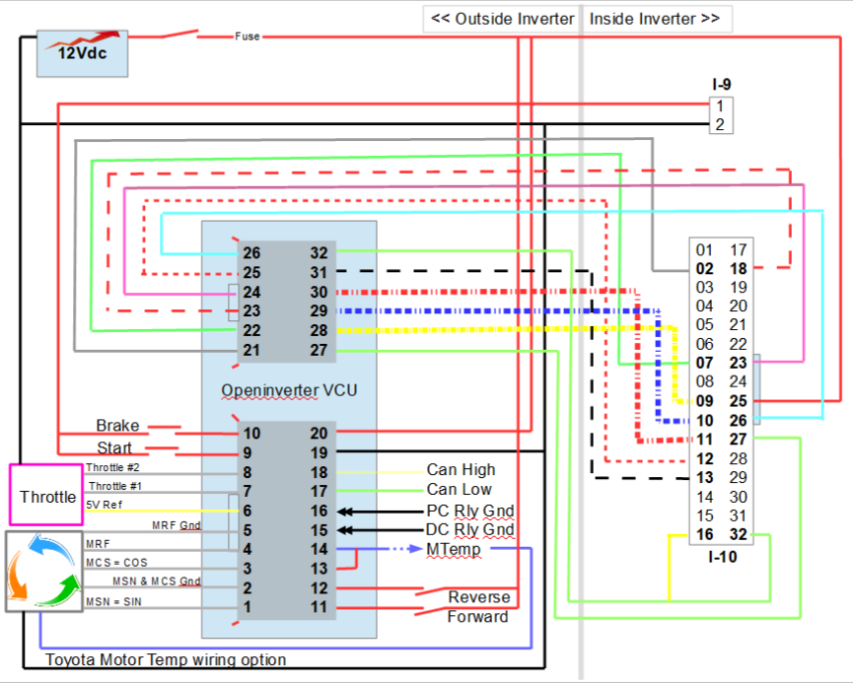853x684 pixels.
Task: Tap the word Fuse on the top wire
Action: coord(248,36)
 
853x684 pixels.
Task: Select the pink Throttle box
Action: coord(46,497)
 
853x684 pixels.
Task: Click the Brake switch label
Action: coord(117,426)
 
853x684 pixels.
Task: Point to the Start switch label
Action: coord(114,449)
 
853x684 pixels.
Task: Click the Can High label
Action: coord(461,470)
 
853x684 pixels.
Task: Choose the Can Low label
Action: coord(459,490)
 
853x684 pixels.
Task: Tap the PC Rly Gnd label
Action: coord(470,511)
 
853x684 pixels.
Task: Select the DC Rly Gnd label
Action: coord(470,530)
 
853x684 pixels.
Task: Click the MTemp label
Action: coord(454,549)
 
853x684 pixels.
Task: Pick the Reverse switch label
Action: coord(479,596)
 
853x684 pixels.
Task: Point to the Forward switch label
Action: coord(478,617)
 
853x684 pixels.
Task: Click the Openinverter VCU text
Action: coord(289,390)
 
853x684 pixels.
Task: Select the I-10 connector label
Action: coord(722,557)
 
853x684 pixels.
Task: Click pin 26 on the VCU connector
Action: coord(252,252)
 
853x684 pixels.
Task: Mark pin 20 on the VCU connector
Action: coord(318,433)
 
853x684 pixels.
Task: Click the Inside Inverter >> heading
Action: coord(654,19)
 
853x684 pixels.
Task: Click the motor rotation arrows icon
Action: coord(43,570)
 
